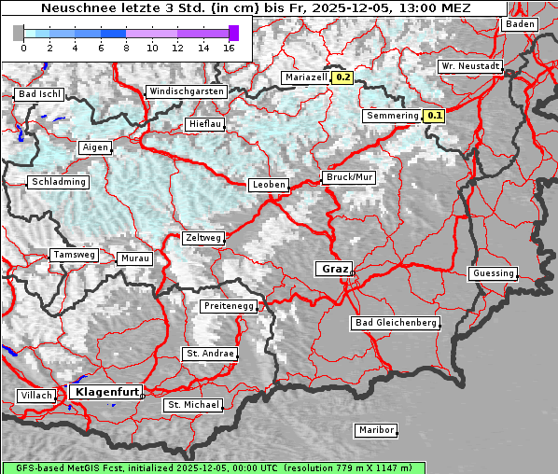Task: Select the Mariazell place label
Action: click(x=305, y=78)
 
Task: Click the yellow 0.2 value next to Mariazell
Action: click(x=342, y=78)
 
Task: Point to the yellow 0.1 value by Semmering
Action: click(x=434, y=117)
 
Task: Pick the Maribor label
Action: click(x=376, y=430)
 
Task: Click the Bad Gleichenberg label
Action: click(x=396, y=323)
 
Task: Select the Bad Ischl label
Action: click(x=39, y=94)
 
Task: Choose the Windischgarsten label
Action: click(x=186, y=91)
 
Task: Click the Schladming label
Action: click(x=59, y=182)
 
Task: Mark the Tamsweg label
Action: click(x=74, y=255)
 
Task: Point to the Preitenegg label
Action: click(x=228, y=306)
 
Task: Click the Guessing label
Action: click(x=493, y=273)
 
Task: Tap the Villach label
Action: click(x=36, y=396)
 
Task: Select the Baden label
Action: click(x=521, y=24)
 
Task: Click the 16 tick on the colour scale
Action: click(x=230, y=48)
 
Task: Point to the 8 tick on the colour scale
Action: click(x=126, y=48)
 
